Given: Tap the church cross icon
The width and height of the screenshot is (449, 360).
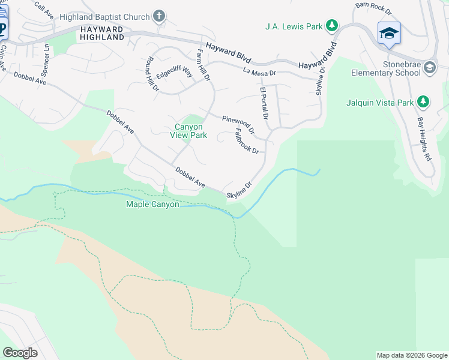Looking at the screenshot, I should [159, 16].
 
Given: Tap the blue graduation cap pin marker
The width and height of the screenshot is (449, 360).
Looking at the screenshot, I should [389, 34].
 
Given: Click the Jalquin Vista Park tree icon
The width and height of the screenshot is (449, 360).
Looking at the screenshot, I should [423, 103].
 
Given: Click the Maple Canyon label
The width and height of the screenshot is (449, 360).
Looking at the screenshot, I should [152, 205].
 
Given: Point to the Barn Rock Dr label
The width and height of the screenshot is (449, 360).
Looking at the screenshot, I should [373, 8].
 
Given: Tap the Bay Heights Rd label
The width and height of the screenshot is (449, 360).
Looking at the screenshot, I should [424, 139].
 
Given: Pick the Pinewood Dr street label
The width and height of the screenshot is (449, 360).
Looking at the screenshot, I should [238, 125].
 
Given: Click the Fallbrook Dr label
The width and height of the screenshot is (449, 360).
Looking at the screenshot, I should [246, 142].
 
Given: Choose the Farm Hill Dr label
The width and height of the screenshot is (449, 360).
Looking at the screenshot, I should [203, 65].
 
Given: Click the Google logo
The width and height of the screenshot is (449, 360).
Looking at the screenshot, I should [20, 352].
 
